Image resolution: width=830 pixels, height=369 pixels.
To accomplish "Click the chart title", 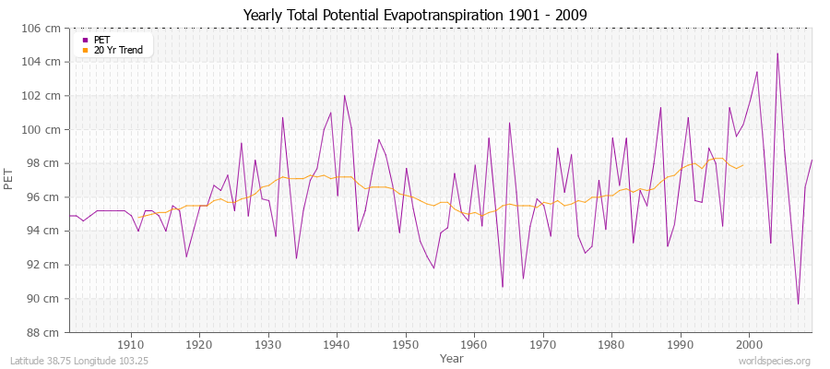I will [414, 16].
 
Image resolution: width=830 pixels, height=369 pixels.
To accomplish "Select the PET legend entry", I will [101, 40].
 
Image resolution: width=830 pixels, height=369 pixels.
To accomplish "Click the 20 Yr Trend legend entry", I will [117, 50].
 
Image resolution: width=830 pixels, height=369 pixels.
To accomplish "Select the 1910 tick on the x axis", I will [130, 344].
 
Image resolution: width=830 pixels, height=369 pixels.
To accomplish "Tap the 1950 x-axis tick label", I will [405, 344].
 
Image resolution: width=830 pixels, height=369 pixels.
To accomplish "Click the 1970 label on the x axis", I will [542, 344].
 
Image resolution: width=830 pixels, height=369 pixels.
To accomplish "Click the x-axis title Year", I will [452, 357].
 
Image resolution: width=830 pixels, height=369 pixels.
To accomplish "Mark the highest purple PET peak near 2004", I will [777, 53].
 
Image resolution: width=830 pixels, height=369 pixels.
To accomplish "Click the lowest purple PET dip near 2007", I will [798, 304].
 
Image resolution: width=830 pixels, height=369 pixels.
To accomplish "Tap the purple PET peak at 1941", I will [344, 95].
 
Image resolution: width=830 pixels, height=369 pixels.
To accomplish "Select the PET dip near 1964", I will [503, 287].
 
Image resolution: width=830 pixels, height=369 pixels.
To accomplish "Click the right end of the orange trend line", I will [743, 165].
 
